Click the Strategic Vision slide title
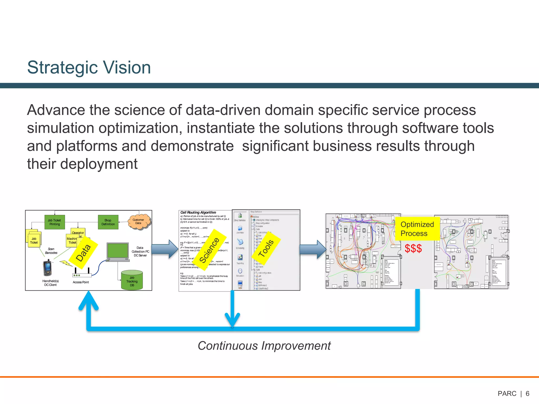tap(89, 67)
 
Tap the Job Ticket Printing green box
tap(54, 222)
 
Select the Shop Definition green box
tap(108, 222)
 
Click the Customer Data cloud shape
tap(138, 221)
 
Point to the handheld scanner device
tap(48, 268)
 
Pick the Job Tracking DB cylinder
tap(132, 280)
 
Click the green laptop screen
tap(118, 251)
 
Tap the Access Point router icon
tap(82, 274)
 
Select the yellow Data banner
tap(84, 252)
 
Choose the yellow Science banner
tap(209, 250)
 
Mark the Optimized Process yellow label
tap(417, 229)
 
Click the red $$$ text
tap(413, 249)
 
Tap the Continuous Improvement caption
tap(264, 346)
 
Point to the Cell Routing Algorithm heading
tap(198, 213)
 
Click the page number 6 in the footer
tap(527, 393)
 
